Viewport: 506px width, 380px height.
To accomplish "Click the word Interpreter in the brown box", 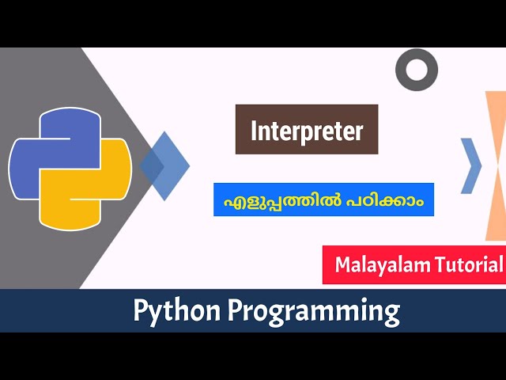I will pos(307,131).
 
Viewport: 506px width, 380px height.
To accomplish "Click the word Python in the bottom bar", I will pos(176,311).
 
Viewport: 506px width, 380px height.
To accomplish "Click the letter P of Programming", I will pos(236,311).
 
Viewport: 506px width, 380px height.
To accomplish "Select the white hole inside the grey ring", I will pos(416,69).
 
